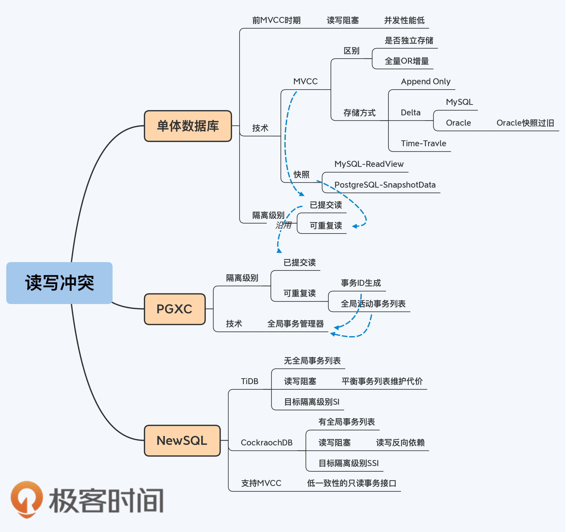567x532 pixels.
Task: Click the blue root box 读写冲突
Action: click(x=59, y=283)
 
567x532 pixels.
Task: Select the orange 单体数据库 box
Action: click(x=188, y=126)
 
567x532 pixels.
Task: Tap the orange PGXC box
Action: click(x=175, y=309)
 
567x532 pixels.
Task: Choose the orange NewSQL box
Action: click(x=182, y=440)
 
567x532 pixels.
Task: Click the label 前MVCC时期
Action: click(x=276, y=20)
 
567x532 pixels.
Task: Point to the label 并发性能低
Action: click(x=404, y=20)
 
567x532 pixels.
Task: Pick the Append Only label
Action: click(x=425, y=82)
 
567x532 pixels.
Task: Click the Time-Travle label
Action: click(x=423, y=143)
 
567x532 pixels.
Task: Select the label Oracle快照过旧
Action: click(x=525, y=123)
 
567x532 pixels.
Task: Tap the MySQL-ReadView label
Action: click(x=369, y=164)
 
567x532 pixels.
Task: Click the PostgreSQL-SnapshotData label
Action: click(x=385, y=185)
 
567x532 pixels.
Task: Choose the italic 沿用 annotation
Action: click(x=283, y=225)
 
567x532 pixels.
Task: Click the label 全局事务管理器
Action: click(x=295, y=324)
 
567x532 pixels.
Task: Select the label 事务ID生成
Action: click(x=361, y=283)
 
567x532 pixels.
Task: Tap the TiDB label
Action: click(x=249, y=381)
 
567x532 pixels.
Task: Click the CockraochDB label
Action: click(x=266, y=443)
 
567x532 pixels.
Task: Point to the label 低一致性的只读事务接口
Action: click(x=351, y=483)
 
